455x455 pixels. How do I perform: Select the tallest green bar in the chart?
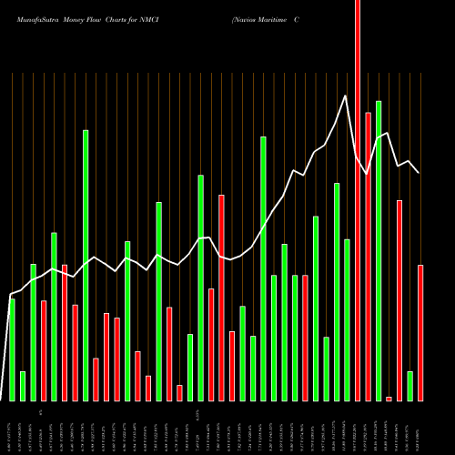[378, 250]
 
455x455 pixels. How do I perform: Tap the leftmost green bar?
[12, 349]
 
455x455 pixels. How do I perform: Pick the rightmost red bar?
[420, 332]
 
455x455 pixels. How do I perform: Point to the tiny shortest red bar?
[389, 399]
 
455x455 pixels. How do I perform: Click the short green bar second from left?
[23, 386]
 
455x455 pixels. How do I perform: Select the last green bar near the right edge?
[409, 386]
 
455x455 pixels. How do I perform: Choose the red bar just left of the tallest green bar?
[368, 256]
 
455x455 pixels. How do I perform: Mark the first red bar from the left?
[44, 350]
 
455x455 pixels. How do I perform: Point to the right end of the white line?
[419, 172]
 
